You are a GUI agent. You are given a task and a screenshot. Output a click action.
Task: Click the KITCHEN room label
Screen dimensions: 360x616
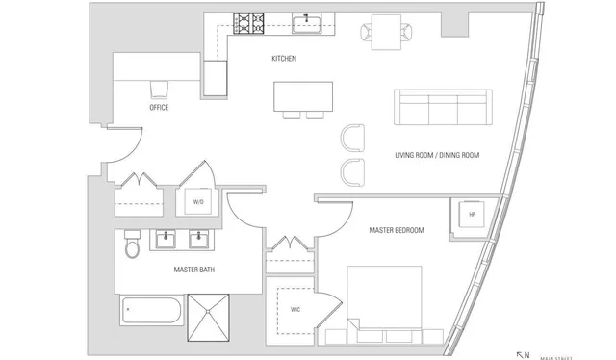point(284,60)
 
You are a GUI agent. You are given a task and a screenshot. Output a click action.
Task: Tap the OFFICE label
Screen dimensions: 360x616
point(159,108)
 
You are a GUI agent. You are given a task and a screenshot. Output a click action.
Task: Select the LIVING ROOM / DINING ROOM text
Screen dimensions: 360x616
point(437,155)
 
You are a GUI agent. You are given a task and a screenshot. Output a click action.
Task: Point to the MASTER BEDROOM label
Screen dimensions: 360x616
point(397,230)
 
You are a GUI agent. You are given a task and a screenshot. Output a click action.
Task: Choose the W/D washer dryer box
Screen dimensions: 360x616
point(199,201)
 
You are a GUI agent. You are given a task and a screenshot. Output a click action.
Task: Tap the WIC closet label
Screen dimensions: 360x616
point(295,310)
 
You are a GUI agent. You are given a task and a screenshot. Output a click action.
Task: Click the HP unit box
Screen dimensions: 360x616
point(473,214)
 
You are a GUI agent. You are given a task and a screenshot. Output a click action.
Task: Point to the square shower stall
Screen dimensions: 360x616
point(209,319)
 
